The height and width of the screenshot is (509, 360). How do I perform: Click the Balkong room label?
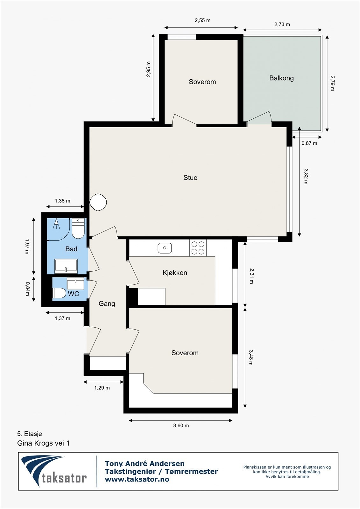click(281, 78)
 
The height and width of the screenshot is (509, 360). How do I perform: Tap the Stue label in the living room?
click(190, 178)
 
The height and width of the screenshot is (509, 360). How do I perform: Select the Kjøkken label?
click(175, 273)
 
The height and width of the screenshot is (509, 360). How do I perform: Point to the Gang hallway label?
click(107, 304)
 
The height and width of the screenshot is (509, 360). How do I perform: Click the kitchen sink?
click(165, 248)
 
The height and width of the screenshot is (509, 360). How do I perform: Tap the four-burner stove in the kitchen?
click(198, 248)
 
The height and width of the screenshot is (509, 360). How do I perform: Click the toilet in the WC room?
click(59, 293)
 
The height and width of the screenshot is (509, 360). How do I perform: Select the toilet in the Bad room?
click(78, 228)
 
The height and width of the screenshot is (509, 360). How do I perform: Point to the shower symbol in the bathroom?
click(56, 224)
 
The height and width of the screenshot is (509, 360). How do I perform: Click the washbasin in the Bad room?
click(66, 266)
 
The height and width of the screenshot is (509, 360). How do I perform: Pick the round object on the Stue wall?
click(98, 202)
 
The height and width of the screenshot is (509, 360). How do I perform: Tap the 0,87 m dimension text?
click(309, 143)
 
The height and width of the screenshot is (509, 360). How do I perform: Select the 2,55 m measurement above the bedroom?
click(203, 20)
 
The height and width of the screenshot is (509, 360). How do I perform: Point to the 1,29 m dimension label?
click(102, 388)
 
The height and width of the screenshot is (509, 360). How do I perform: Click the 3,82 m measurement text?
click(306, 176)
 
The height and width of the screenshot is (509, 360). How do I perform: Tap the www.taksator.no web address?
click(137, 479)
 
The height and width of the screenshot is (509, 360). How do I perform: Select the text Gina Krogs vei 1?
click(43, 443)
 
